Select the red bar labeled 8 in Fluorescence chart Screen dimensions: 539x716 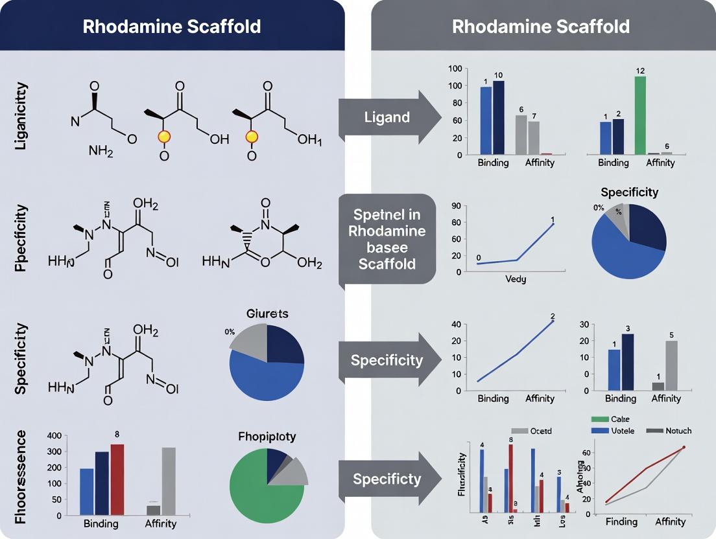click(117, 479)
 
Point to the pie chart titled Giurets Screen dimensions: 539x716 click(267, 363)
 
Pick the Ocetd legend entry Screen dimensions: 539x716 click(531, 431)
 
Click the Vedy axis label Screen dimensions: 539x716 click(516, 279)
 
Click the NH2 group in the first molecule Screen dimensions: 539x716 click(101, 152)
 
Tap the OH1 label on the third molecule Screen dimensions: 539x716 click(309, 140)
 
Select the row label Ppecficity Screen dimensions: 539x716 click(21, 238)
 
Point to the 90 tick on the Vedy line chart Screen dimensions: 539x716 click(455, 206)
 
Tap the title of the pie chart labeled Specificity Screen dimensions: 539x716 click(629, 192)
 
